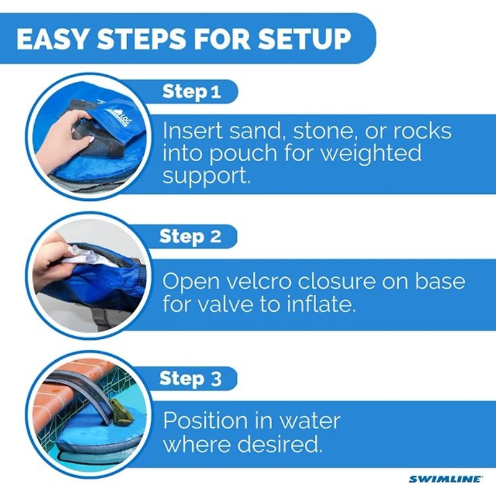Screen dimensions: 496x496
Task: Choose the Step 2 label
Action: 190,236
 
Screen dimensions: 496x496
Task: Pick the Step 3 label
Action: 190,378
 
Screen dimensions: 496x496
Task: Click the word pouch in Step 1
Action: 239,153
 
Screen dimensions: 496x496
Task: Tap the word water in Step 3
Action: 308,422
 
